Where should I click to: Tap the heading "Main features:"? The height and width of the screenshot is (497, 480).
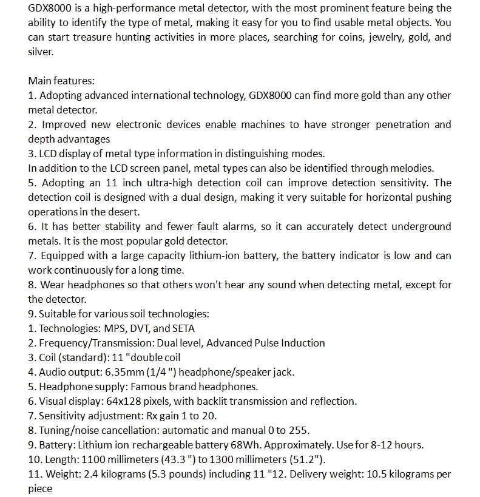[x=61, y=81]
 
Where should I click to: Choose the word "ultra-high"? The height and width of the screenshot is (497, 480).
[x=168, y=183]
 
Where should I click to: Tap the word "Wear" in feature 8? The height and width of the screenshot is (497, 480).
[x=52, y=285]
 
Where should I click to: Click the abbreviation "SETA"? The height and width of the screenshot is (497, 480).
[x=183, y=328]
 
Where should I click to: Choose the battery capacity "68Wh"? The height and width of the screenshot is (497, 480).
[x=269, y=445]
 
